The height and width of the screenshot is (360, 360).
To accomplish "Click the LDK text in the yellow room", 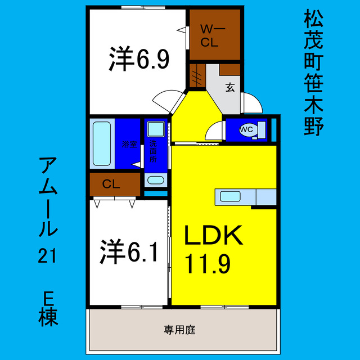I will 214,236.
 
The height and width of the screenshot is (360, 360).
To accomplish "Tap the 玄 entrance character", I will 230,87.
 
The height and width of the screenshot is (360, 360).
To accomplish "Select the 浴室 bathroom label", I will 129,145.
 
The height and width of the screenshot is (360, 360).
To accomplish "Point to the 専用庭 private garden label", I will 179,330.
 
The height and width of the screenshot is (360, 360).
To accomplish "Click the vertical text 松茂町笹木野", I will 313,72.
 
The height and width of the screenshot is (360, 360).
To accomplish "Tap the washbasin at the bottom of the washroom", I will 156,181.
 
